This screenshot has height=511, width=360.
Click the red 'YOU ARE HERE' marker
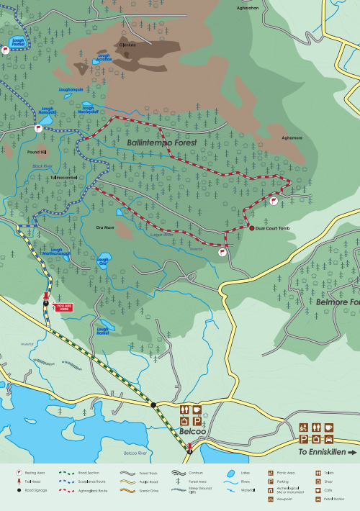[64, 306]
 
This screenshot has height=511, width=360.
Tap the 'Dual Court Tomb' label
[273, 228]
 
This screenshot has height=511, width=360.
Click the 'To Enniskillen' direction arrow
[351, 453]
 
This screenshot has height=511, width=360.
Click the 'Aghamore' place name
[292, 137]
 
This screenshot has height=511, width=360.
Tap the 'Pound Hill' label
[36, 153]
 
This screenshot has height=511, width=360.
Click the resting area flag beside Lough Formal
[5, 50]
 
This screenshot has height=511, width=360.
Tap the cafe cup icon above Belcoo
[197, 409]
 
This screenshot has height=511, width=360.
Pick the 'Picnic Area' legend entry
[286, 473]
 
